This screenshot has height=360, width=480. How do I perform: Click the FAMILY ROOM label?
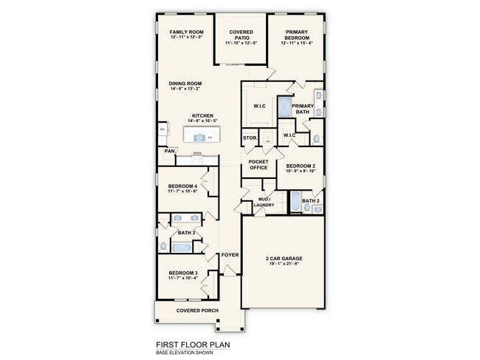coord(186,33)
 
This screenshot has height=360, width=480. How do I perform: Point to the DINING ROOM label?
coord(185,84)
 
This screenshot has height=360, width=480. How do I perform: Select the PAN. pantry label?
coord(169,151)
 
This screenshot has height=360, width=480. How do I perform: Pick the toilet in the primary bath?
coord(316,138)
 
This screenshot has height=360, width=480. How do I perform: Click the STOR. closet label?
coord(250,138)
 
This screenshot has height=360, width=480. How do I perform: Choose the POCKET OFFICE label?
coord(258,164)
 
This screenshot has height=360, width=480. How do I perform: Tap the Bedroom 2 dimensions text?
coord(301,171)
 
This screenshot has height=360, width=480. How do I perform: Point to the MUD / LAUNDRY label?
coord(264,202)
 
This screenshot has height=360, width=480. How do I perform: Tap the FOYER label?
coord(230,255)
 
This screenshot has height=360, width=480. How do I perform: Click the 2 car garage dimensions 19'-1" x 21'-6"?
coord(284,264)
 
